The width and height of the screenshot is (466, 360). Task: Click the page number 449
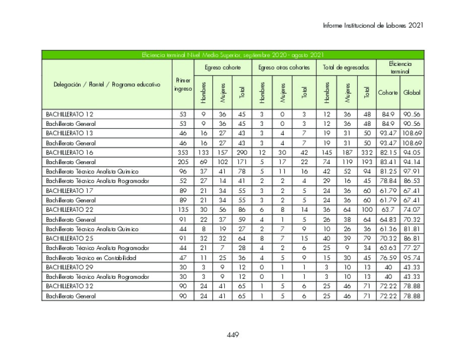point(232,335)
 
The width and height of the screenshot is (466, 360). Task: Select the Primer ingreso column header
point(182,85)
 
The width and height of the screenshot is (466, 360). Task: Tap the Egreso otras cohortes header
point(284,67)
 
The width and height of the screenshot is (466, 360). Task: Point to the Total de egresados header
point(346,67)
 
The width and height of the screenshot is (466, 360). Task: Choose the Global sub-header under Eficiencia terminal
point(412,93)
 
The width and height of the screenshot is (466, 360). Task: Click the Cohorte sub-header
point(388,93)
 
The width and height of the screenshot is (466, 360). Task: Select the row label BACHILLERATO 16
point(70,152)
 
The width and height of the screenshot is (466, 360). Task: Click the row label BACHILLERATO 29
point(70,267)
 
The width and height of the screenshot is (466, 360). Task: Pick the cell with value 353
point(182,152)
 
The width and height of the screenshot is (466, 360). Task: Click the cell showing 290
point(242,152)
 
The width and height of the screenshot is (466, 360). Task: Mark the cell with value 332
point(367,152)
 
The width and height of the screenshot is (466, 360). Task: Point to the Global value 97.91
point(412,171)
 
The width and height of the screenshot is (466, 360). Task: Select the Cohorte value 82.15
point(388,152)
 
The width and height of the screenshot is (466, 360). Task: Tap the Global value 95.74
point(412,257)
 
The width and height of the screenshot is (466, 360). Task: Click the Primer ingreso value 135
point(182,209)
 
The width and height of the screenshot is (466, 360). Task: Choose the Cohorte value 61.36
point(388,229)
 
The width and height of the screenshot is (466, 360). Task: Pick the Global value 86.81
point(412,238)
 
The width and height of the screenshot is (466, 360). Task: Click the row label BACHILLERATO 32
point(70,286)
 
